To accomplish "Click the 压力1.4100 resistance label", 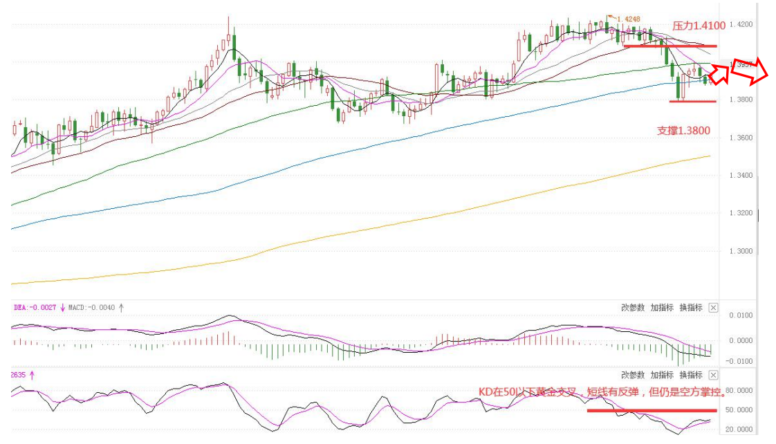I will tap(699, 26).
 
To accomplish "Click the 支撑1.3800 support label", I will tap(683, 130).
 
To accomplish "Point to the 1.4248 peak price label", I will tap(627, 19).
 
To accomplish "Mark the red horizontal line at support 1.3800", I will tap(692, 102).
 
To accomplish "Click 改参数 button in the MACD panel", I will tap(632, 308).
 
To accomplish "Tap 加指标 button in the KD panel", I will tap(661, 375).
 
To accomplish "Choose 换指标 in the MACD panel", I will tap(690, 308).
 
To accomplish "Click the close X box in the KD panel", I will tap(714, 375).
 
